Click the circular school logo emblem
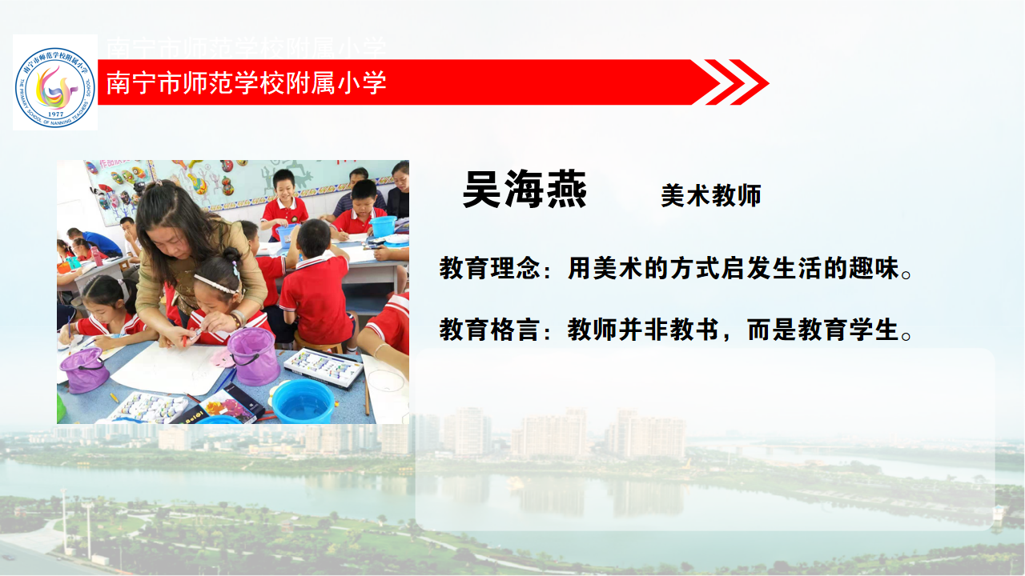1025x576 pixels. click(x=55, y=87)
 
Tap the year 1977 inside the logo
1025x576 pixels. click(x=55, y=114)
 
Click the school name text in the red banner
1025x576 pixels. click(x=246, y=82)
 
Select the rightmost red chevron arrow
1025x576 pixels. click(x=749, y=82)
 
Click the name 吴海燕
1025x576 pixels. click(x=525, y=190)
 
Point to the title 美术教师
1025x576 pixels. click(x=711, y=196)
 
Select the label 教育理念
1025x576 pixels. click(x=489, y=268)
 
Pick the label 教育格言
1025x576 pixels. click(x=489, y=330)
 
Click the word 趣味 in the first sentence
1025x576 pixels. click(x=874, y=268)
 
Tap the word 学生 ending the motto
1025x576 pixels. click(x=874, y=330)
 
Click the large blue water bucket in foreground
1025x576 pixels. click(x=303, y=401)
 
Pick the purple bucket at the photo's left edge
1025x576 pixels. click(x=84, y=370)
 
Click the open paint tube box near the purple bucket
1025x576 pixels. click(x=323, y=367)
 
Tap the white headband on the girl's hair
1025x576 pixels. click(x=215, y=284)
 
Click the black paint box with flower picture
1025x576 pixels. click(x=222, y=409)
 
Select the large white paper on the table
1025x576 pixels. click(x=169, y=369)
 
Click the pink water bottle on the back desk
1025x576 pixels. click(x=95, y=255)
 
